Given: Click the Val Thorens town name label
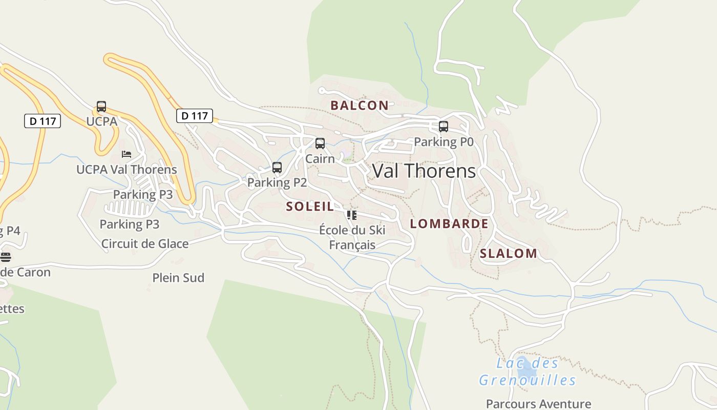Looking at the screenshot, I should [x=424, y=171].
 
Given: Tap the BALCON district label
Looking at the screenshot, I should [x=359, y=106].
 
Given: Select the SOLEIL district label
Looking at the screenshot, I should [x=310, y=207].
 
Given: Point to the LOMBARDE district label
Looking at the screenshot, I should [x=449, y=223].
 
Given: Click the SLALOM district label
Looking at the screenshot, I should [x=509, y=253].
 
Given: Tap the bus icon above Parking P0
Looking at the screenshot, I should [x=444, y=126].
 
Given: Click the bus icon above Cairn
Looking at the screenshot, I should [x=320, y=143].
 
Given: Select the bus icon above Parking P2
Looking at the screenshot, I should [x=277, y=167].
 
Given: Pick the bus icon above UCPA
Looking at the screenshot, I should [x=101, y=107].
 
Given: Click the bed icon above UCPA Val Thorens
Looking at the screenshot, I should [x=126, y=154].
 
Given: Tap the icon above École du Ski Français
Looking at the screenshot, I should [x=351, y=215].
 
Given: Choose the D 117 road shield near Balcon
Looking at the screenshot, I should [x=195, y=116].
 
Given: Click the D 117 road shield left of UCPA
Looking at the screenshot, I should [x=43, y=121].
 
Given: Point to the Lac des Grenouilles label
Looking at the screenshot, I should [x=528, y=372].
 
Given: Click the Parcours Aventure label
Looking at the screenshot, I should [x=538, y=404].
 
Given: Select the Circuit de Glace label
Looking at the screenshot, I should [x=145, y=243].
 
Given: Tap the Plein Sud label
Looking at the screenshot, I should [x=178, y=278].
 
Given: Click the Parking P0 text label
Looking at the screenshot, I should [x=444, y=142].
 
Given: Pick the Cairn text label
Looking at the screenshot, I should [x=320, y=159].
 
